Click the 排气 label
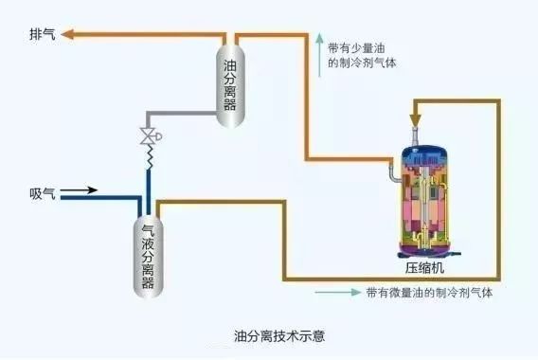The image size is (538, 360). point(43,33)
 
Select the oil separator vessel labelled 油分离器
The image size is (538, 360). point(229,77)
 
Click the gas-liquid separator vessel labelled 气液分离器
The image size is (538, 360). point(147,255)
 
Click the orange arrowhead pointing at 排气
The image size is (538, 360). point(72,33)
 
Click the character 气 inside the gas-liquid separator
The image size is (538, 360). point(147,229)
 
